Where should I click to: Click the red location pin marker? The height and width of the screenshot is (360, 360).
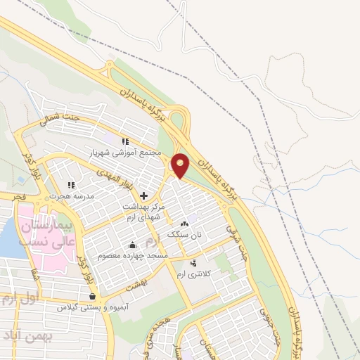pyautogui.click(x=181, y=165)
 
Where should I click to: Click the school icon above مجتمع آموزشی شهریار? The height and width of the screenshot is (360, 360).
pyautogui.click(x=125, y=141)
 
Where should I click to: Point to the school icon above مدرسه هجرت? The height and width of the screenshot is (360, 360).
pyautogui.click(x=70, y=185)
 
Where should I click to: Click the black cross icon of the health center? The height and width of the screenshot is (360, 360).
pyautogui.click(x=143, y=195)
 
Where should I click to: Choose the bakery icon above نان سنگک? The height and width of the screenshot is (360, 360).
pyautogui.click(x=185, y=223)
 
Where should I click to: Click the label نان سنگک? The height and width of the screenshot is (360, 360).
pyautogui.click(x=184, y=233)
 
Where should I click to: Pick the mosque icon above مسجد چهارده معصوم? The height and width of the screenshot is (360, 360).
pyautogui.click(x=133, y=245)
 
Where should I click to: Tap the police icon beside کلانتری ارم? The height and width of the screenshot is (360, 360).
pyautogui.click(x=193, y=262)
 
